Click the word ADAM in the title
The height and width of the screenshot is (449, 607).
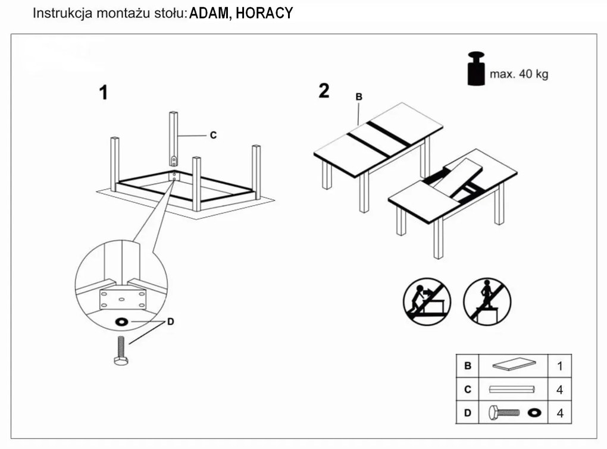click(x=208, y=13)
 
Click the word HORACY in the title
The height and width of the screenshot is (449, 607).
click(x=264, y=13)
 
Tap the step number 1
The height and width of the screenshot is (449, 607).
click(x=104, y=93)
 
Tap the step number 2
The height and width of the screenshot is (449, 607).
click(x=324, y=91)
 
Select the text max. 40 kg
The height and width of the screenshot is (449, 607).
click(x=519, y=74)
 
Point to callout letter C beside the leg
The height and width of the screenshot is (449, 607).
click(x=213, y=136)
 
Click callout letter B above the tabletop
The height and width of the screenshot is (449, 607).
click(x=359, y=96)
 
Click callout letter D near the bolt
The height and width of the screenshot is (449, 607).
click(x=170, y=322)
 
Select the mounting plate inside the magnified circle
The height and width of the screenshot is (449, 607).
click(x=122, y=296)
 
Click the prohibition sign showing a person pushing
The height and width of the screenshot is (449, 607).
click(x=427, y=302)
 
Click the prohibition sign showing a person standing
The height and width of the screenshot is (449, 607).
click(x=487, y=302)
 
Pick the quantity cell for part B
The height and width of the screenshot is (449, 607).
click(x=559, y=366)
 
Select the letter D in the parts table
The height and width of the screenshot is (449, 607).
click(x=468, y=412)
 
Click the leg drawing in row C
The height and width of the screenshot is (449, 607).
click(x=512, y=390)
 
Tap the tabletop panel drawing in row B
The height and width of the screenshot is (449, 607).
click(x=512, y=365)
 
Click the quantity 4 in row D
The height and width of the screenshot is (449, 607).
click(x=559, y=412)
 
